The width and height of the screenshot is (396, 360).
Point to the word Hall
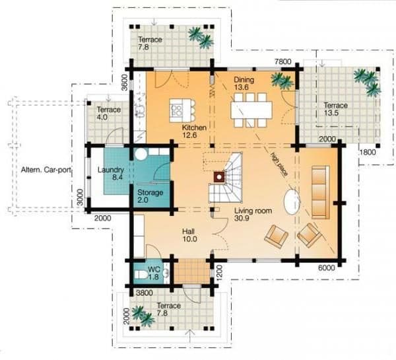[x=188, y=231]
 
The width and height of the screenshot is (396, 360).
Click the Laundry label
[x=111, y=170]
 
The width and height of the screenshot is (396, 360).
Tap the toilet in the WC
[x=141, y=274]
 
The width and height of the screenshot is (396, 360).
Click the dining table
[x=251, y=110]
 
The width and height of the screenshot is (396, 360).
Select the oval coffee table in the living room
[x=292, y=202]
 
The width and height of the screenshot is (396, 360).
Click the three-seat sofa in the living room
[x=321, y=192]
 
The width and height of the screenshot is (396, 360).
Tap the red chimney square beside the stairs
[x=219, y=177]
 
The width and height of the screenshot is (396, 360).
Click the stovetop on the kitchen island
[x=176, y=110]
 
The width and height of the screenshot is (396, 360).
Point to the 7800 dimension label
[x=283, y=61]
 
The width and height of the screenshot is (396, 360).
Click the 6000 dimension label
[x=326, y=268]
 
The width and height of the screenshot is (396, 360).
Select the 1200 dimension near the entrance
[x=219, y=273]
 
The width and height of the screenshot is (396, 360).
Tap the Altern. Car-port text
[x=46, y=170]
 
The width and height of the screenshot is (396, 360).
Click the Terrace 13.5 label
[x=336, y=109]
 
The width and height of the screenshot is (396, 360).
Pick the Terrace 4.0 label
[x=109, y=113]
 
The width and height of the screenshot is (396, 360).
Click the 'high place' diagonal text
[x=279, y=164]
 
